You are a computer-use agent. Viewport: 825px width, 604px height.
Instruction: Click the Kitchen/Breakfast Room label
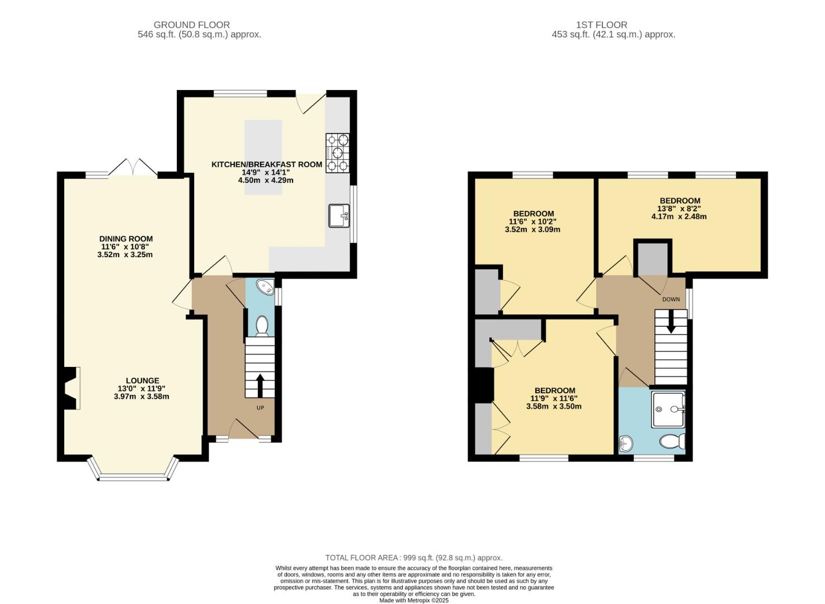pos(266,164)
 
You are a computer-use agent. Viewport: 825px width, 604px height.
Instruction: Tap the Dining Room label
pos(126,239)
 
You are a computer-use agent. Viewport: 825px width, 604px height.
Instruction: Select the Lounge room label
pos(142,381)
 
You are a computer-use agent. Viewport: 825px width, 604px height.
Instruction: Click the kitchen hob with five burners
pos(337,152)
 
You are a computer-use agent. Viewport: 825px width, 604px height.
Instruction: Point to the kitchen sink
pos(339,216)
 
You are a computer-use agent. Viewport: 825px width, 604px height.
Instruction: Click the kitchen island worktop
pos(263,157)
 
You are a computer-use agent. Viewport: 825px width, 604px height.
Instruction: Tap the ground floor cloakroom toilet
pos(261,325)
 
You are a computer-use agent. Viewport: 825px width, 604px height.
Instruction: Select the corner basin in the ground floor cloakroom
pos(265,287)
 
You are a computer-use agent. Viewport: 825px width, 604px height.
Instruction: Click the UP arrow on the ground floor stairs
pos(260,385)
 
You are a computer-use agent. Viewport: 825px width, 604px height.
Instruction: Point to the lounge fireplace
pos(71,388)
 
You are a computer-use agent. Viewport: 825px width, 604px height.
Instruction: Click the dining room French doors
pos(133,168)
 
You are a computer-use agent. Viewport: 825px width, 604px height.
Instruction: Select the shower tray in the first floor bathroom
pos(668,409)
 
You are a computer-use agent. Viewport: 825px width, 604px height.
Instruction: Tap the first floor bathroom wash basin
pos(626,444)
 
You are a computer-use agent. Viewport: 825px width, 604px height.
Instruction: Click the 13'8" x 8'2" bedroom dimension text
pos(679,209)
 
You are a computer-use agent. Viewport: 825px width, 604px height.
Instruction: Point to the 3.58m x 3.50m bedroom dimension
pos(554,407)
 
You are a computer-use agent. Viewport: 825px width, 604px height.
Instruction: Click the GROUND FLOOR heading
pos(191,25)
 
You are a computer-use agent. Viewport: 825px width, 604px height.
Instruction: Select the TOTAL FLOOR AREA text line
pos(414,558)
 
